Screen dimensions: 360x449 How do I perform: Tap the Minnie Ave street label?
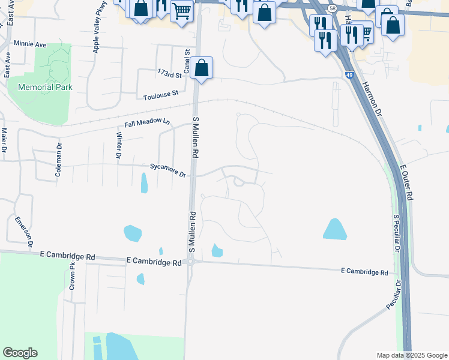click(30, 44)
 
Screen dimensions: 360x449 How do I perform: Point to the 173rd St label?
click(170, 75)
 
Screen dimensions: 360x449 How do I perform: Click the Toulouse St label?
click(161, 94)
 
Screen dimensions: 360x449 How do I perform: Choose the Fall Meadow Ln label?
click(147, 123)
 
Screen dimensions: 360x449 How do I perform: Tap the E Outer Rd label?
click(406, 183)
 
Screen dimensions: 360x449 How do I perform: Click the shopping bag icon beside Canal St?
click(202, 68)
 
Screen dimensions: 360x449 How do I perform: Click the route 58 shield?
click(332, 7)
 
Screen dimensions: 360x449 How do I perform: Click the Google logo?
click(20, 353)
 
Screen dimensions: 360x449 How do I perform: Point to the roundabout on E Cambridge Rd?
click(191, 261)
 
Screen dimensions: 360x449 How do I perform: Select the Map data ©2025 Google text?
click(411, 355)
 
